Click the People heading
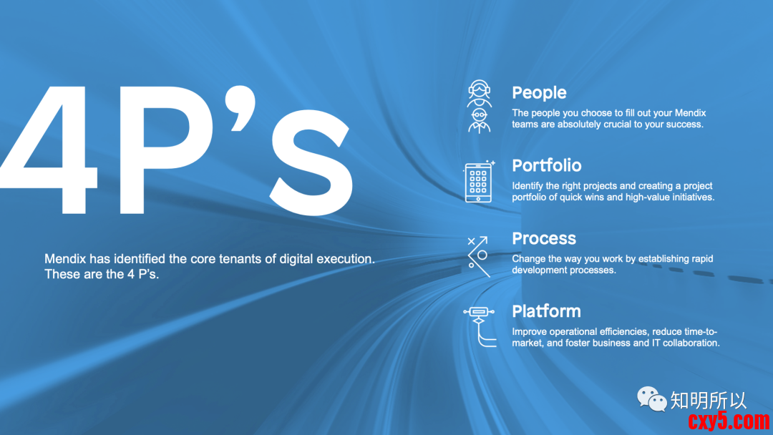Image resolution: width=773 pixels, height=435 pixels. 539,92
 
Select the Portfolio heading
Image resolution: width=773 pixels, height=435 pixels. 546,165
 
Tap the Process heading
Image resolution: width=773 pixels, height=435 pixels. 544,238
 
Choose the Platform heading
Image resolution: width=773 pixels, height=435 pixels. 546,311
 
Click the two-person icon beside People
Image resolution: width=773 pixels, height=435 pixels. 479,107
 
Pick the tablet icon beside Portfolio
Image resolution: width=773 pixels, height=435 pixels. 479,182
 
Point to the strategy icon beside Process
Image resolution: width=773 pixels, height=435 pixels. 479,256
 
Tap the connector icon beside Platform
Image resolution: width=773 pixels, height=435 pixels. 479,326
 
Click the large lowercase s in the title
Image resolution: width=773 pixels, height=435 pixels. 311,162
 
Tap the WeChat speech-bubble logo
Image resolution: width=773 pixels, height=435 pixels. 652,399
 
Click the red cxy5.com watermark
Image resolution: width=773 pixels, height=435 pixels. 729,421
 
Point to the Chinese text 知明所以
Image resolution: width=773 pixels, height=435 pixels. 709,401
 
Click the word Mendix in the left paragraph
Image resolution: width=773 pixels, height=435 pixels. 65,258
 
